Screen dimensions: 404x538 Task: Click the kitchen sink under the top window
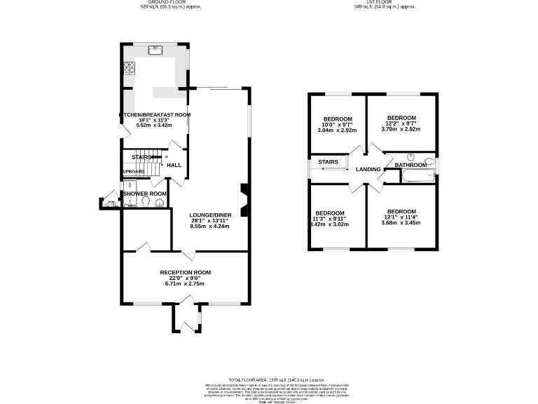click(x=155, y=50)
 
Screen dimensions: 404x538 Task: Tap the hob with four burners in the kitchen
click(x=129, y=68)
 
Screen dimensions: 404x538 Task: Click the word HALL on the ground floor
click(x=174, y=166)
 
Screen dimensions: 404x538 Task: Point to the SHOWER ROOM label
click(x=145, y=194)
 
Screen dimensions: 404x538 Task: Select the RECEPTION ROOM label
click(x=185, y=272)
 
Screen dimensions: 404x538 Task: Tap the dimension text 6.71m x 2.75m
click(x=185, y=284)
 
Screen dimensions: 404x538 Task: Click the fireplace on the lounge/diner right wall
click(x=242, y=197)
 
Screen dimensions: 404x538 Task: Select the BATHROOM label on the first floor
click(x=410, y=166)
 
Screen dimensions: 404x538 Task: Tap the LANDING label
click(x=368, y=170)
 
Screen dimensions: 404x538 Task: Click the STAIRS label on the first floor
click(x=329, y=162)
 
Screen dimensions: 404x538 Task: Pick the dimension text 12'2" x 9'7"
click(x=402, y=123)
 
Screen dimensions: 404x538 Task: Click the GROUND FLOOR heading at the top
click(x=161, y=2)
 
